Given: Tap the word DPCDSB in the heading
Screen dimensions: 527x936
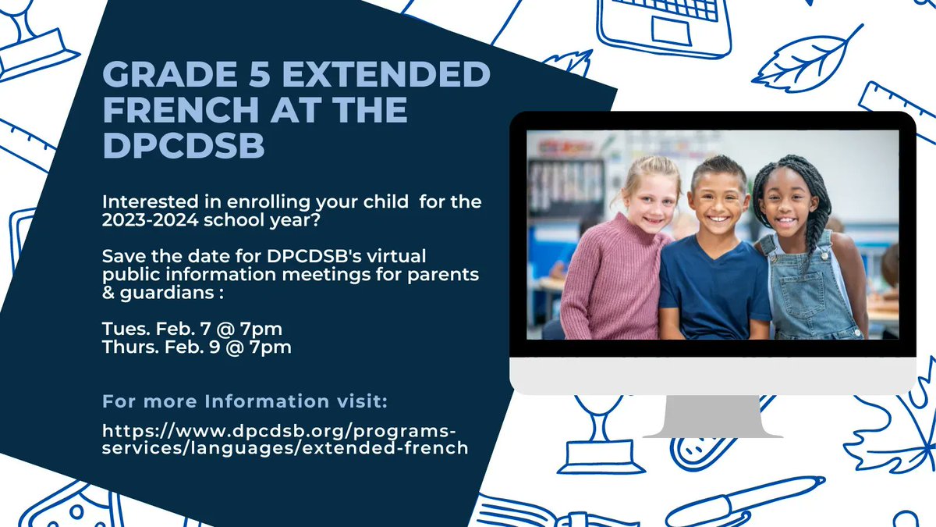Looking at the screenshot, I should click(183, 146).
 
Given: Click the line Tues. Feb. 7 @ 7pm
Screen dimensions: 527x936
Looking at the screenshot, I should click(192, 329).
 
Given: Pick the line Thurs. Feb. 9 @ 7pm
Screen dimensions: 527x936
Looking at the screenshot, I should click(197, 347).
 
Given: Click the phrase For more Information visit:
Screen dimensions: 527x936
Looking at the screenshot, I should click(245, 402).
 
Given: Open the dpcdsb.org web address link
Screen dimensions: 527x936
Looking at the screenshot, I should click(285, 439).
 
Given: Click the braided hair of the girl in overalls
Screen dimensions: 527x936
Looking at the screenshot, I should click(811, 195).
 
